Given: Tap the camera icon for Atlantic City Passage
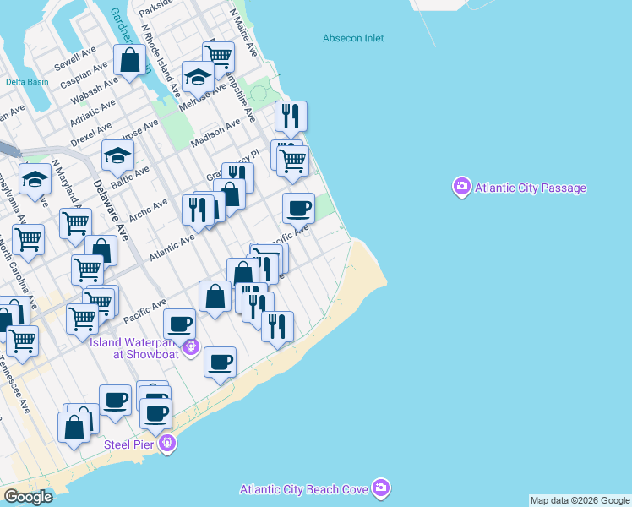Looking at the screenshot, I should pos(461,186).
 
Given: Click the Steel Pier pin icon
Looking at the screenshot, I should pos(168,442).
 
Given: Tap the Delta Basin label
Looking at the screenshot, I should pos(27,82).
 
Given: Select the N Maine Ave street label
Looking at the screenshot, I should pos(243,34).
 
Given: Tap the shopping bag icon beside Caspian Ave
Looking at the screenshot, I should pos(130,61).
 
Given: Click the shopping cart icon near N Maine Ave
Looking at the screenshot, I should pos(218,57).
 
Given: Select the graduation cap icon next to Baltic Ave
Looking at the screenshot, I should pos(118,155).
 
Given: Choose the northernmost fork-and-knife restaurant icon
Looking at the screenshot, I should pos(291,116).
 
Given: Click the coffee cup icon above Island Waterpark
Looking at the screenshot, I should pos(179,324).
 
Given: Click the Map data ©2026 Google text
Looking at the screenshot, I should pos(580,500).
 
